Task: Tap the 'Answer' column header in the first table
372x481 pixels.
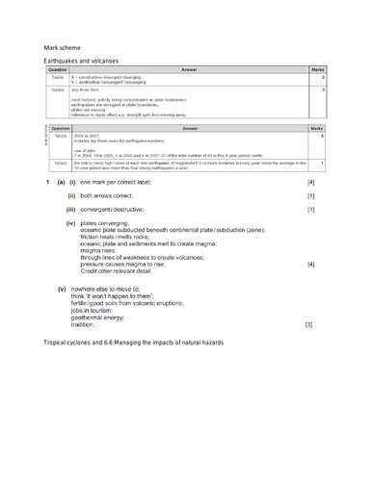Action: (x=190, y=69)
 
